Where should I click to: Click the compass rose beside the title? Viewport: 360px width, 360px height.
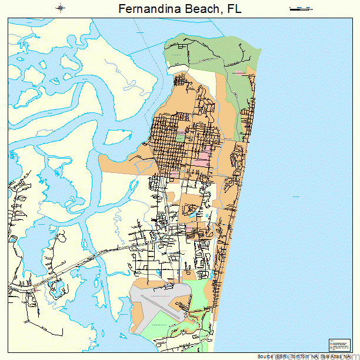tap(61, 8)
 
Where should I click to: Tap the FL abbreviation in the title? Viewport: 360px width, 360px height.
tap(235, 9)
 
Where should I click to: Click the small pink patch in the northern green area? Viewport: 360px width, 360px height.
tap(239, 73)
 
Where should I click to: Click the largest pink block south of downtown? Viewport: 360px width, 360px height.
tap(202, 157)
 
